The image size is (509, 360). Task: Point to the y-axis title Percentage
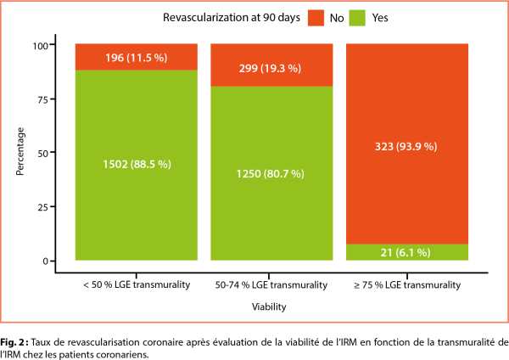[20, 153]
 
